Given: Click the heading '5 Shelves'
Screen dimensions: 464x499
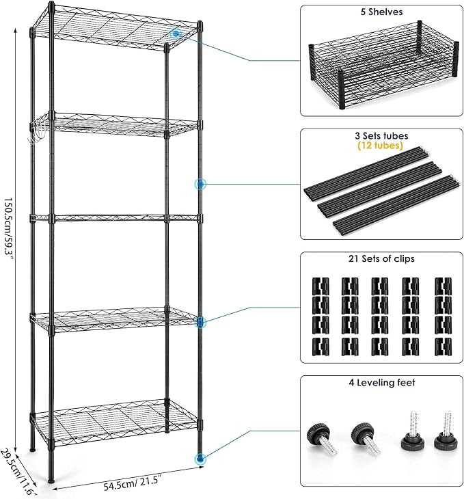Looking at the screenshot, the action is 381,12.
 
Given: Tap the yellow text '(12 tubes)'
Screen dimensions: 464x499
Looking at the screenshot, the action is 380,146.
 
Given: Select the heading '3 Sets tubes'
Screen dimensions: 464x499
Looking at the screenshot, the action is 381,136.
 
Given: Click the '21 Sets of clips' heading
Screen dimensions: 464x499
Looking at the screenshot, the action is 381,258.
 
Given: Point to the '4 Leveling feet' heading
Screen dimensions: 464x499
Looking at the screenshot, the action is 382,382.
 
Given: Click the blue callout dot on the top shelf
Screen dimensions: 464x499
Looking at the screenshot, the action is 176,33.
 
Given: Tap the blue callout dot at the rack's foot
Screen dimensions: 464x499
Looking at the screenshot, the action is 200,459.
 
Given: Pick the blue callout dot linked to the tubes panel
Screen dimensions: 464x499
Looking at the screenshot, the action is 200,184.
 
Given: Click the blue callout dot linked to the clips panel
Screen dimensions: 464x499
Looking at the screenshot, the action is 200,323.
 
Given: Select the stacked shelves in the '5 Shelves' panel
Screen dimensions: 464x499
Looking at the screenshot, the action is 383,65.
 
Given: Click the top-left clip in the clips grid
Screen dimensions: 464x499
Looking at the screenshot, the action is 320,286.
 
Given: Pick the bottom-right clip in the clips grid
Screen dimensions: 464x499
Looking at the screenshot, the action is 443,347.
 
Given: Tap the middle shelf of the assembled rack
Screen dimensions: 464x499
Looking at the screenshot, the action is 115,218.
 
